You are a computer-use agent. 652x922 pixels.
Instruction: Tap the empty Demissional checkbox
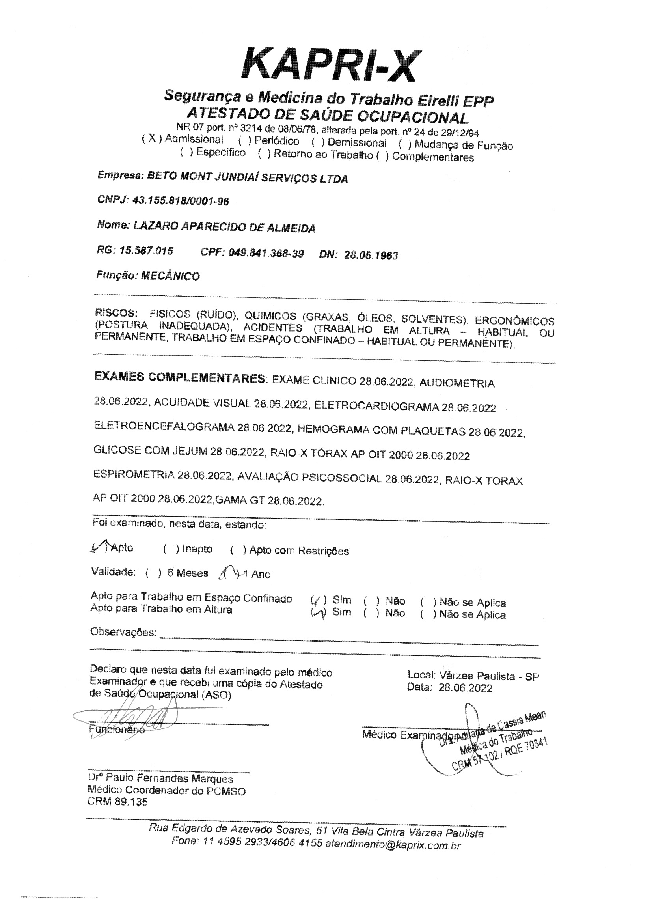point(318,142)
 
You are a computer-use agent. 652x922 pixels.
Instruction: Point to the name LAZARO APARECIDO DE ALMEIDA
point(224,227)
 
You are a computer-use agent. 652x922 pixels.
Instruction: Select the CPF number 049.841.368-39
point(266,254)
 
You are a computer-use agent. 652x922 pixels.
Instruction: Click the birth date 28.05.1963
point(371,256)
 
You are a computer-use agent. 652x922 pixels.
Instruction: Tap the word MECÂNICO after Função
point(170,276)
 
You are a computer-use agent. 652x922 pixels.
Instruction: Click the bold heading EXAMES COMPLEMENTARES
point(179,378)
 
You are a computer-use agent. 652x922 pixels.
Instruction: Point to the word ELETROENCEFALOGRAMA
point(164,427)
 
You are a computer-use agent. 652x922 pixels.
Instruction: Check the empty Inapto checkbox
point(171,549)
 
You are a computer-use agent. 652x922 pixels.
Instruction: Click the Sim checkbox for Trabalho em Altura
point(318,613)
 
